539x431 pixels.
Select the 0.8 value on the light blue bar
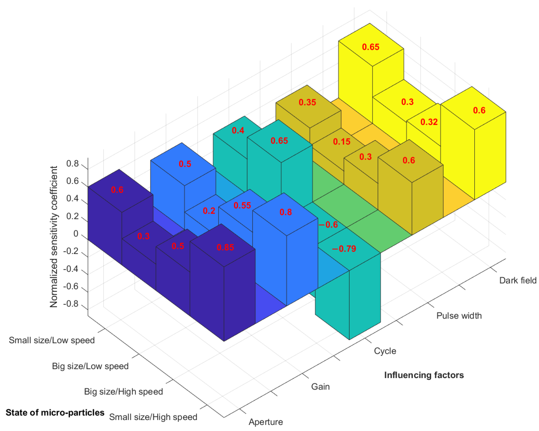pyautogui.click(x=286, y=212)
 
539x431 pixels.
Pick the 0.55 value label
pyautogui.click(x=242, y=205)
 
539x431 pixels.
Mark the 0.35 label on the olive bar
pyautogui.click(x=307, y=102)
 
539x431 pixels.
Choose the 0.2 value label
pyautogui.click(x=209, y=211)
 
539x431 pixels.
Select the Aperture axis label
pyautogui.click(x=266, y=422)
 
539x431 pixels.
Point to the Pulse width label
pyautogui.click(x=459, y=316)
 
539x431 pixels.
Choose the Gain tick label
pyautogui.click(x=320, y=387)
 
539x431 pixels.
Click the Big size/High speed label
pyautogui.click(x=123, y=392)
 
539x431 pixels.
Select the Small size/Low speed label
pyautogui.click(x=52, y=340)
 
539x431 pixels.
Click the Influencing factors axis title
pyautogui.click(x=424, y=375)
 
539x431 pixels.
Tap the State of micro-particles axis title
pyautogui.click(x=55, y=412)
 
